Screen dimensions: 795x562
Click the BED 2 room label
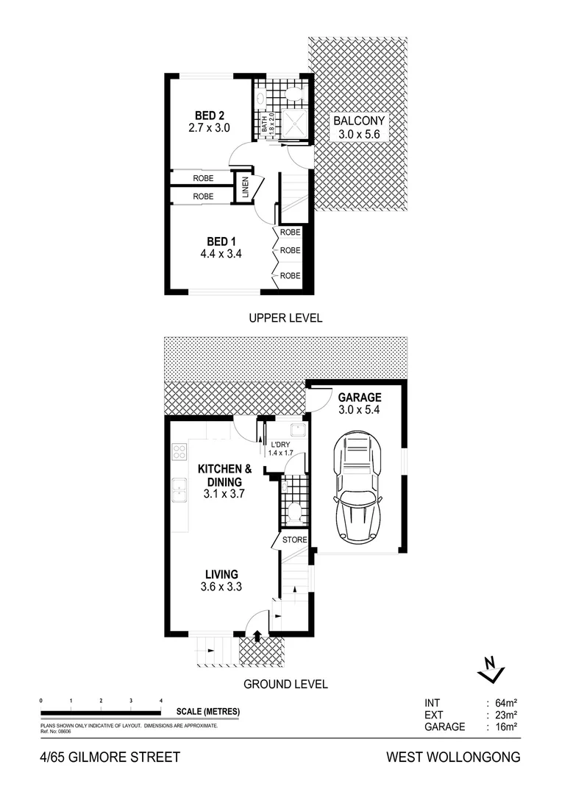point(210,116)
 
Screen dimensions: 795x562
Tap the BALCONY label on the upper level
point(358,121)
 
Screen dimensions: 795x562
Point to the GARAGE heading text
point(359,397)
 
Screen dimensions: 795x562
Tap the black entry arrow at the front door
point(257,636)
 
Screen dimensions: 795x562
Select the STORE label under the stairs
point(294,540)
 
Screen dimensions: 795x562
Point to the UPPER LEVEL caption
point(285,318)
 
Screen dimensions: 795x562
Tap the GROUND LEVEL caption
point(285,684)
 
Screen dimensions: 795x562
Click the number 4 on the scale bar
point(161,700)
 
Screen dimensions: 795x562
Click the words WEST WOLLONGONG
point(453,757)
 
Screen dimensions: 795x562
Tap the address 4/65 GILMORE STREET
point(110,757)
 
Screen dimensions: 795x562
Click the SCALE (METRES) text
point(208,712)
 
